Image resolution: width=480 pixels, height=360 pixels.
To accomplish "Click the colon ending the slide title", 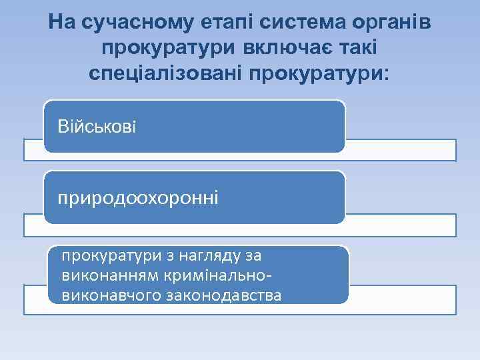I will tap(383, 73).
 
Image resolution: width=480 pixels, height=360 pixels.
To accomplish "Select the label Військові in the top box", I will tap(97, 126).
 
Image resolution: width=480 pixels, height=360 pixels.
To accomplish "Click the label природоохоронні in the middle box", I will tap(138, 198).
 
